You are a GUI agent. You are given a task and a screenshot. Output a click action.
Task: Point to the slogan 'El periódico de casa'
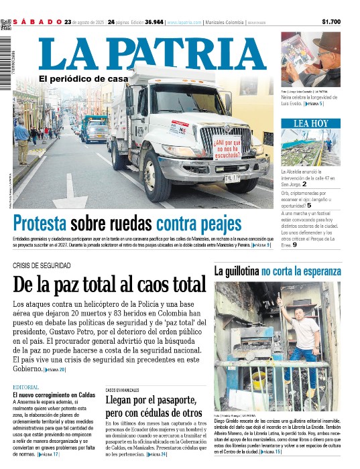click(82, 79)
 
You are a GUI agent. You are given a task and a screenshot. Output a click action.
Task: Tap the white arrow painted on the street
click(70, 190)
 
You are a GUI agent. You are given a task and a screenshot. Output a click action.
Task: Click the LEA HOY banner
click(311, 123)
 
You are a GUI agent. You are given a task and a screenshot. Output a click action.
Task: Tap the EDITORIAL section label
click(26, 388)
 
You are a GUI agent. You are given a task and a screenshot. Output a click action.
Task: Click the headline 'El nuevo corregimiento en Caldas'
click(54, 395)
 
